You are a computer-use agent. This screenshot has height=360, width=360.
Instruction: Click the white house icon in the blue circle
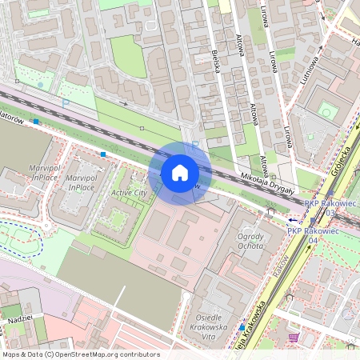(180, 172)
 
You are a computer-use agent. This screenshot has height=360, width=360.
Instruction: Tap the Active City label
(129, 193)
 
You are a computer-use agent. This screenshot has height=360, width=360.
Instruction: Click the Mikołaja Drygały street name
(269, 183)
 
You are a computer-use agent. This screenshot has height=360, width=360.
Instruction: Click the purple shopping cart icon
(294, 337)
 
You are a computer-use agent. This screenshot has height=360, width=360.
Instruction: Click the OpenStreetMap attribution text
(80, 354)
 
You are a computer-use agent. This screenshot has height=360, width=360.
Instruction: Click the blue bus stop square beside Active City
(102, 154)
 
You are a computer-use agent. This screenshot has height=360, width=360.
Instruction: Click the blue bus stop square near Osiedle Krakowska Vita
(242, 327)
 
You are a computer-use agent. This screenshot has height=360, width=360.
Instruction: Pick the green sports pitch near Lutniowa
(326, 111)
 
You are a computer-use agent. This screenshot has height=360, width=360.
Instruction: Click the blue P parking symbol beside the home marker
(195, 145)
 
